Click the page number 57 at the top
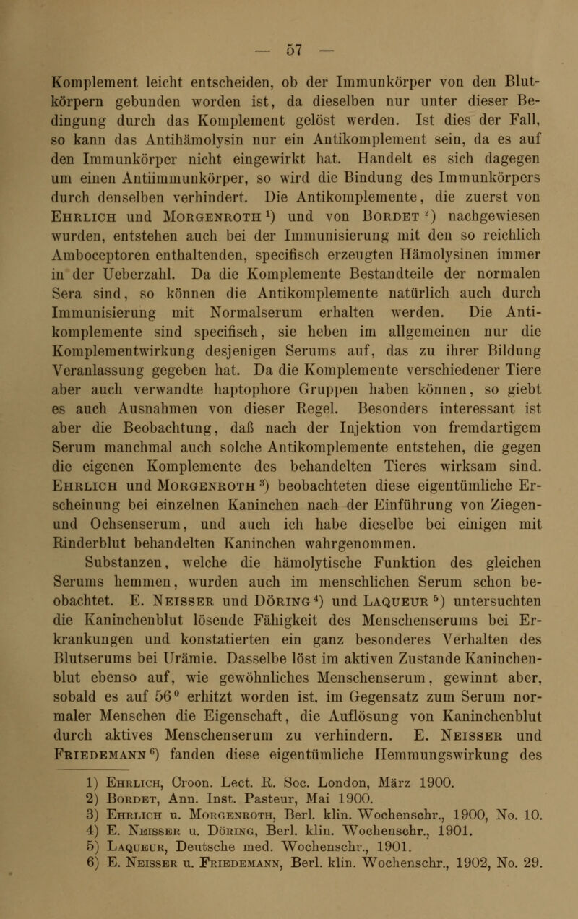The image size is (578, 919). (x=289, y=14)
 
